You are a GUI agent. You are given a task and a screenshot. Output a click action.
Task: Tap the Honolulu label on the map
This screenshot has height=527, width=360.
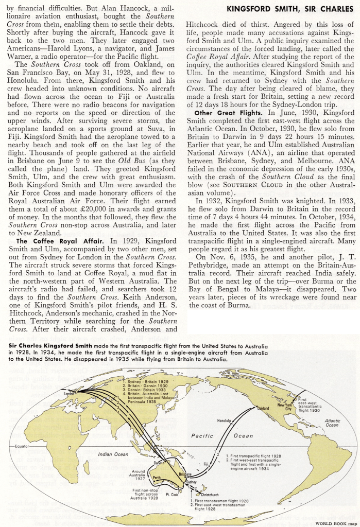(x=225, y=421)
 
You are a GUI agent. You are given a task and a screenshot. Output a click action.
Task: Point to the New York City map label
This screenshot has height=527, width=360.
(x=284, y=407)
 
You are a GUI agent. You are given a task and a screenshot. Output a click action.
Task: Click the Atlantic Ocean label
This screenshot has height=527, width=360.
(x=332, y=423)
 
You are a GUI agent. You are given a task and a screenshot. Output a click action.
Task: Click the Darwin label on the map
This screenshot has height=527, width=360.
(x=160, y=463)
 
